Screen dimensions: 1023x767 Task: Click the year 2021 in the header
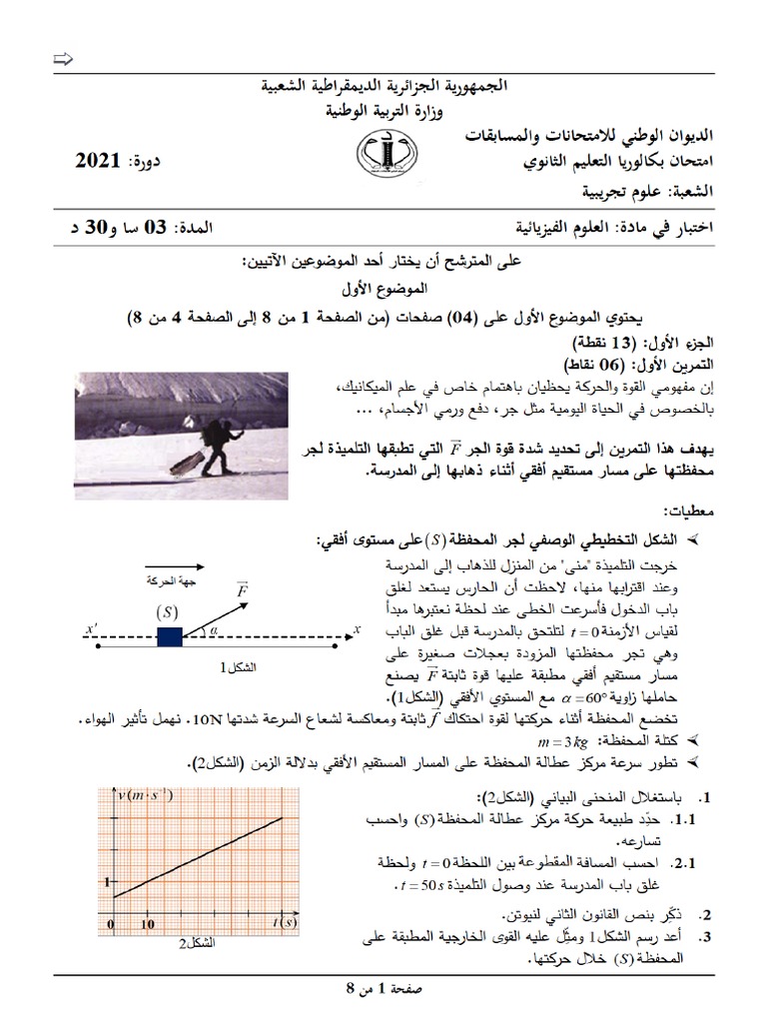[98, 160]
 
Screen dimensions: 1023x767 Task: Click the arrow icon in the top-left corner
[63, 62]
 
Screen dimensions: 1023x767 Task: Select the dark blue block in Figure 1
[169, 634]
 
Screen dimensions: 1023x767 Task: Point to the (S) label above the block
[167, 610]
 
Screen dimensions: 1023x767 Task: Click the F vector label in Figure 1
[242, 590]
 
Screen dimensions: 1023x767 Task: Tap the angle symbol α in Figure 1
[212, 624]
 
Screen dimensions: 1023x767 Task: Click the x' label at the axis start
[92, 628]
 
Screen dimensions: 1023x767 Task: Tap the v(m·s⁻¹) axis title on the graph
[144, 795]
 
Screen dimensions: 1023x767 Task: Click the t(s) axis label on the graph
[285, 922]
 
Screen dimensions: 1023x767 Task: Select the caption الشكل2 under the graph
[196, 943]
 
